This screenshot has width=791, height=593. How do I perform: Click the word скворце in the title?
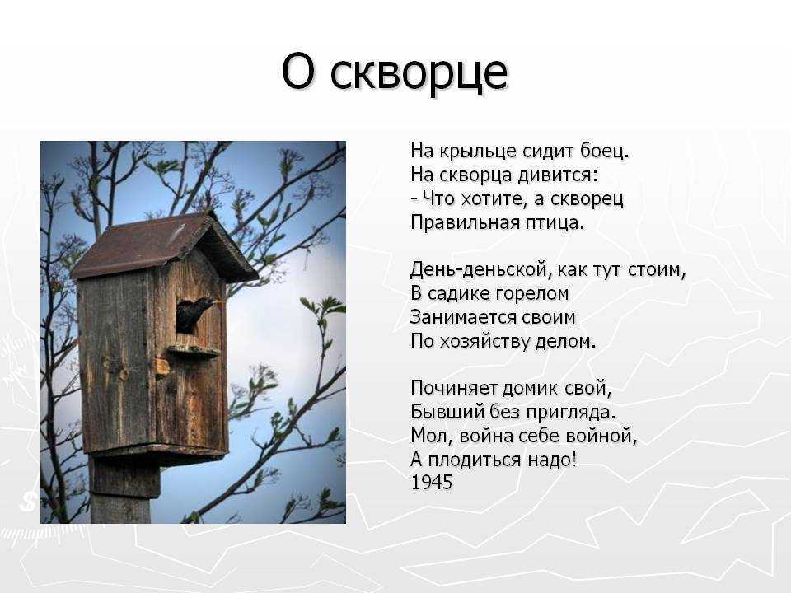(419, 73)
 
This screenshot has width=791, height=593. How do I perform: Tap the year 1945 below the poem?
(432, 483)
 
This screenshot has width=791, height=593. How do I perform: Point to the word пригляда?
(571, 413)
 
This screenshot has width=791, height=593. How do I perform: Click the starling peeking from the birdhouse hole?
(194, 313)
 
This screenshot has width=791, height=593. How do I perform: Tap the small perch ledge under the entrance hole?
(193, 351)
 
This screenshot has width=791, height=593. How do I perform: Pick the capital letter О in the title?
(300, 72)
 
